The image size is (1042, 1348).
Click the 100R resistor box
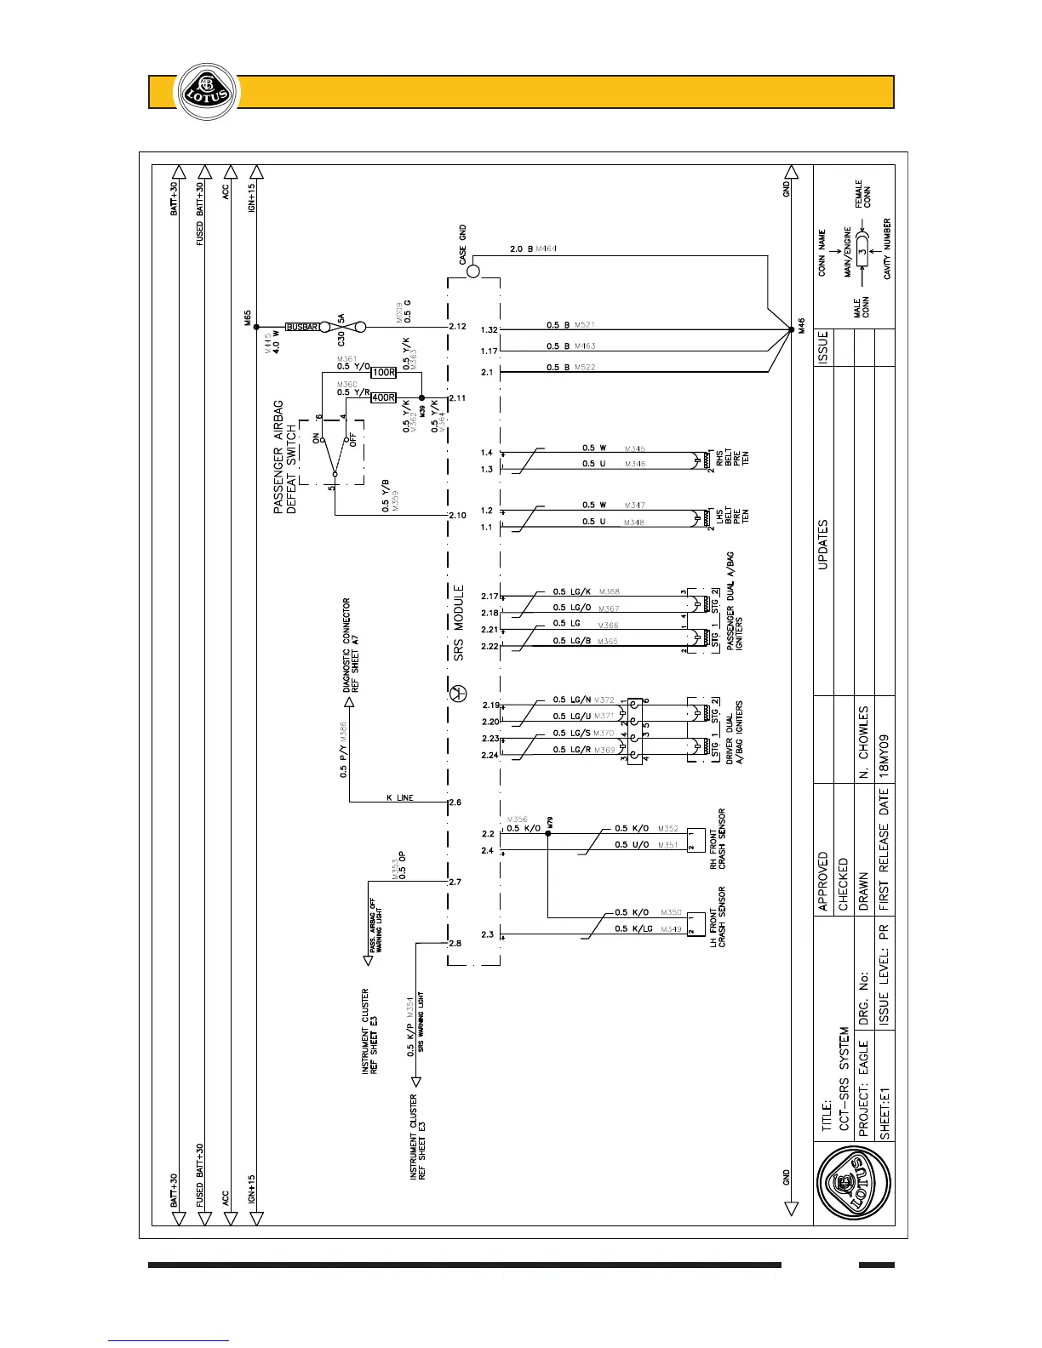pos(384,373)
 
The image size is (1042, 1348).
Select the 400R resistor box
pos(384,398)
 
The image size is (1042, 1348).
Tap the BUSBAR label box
pos(301,327)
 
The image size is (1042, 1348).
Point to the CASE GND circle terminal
pos(473,271)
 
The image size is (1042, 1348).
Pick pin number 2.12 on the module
pos(457,327)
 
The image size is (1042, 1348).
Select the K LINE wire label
pos(399,797)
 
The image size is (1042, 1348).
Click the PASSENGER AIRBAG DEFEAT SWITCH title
pos(284,456)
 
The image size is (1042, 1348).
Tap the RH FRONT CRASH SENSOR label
pos(717,839)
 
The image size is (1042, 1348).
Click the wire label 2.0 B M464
pos(533,248)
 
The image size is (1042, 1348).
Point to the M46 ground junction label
pos(799,325)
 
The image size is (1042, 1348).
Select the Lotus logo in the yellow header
pos(202,92)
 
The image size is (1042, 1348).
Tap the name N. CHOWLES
pos(863,741)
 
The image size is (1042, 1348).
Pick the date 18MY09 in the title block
pos(885,754)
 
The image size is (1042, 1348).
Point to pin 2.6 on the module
pos(455,803)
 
